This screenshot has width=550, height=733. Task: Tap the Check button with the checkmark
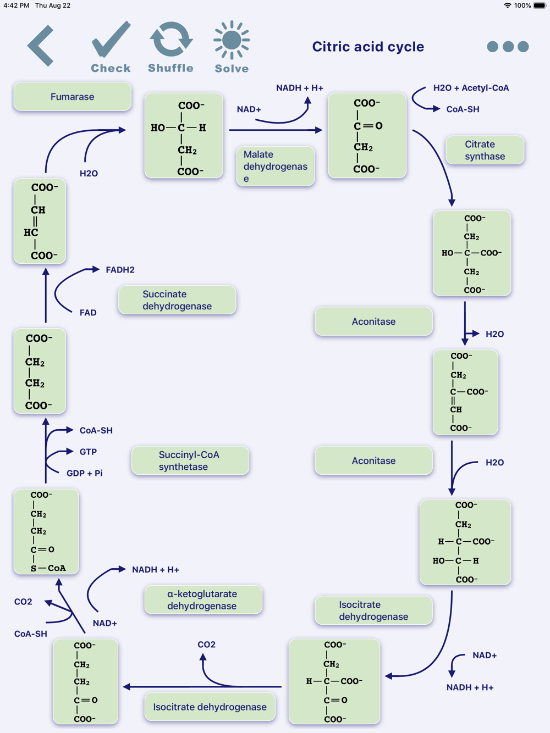(x=111, y=47)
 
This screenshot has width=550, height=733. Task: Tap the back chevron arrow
(x=41, y=46)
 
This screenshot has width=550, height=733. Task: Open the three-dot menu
(x=508, y=46)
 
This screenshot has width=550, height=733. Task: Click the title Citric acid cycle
(x=368, y=46)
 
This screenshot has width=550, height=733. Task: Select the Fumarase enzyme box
(x=72, y=97)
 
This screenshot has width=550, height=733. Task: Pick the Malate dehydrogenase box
(x=276, y=166)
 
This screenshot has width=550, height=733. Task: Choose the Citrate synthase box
(x=485, y=150)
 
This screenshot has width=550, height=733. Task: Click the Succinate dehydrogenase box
(x=177, y=300)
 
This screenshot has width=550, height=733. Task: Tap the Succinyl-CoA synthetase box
(x=190, y=460)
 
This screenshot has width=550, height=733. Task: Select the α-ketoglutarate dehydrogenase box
(x=203, y=600)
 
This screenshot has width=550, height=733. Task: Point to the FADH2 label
(x=120, y=270)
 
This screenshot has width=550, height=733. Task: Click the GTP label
(x=88, y=452)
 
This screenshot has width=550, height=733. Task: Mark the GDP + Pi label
(x=85, y=473)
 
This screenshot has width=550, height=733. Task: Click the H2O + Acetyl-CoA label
(x=471, y=88)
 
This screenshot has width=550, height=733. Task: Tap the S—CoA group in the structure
(x=48, y=568)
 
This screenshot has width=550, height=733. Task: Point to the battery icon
(x=540, y=5)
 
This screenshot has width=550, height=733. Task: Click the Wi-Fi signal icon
(x=507, y=5)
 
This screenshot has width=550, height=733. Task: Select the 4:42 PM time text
(x=16, y=5)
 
